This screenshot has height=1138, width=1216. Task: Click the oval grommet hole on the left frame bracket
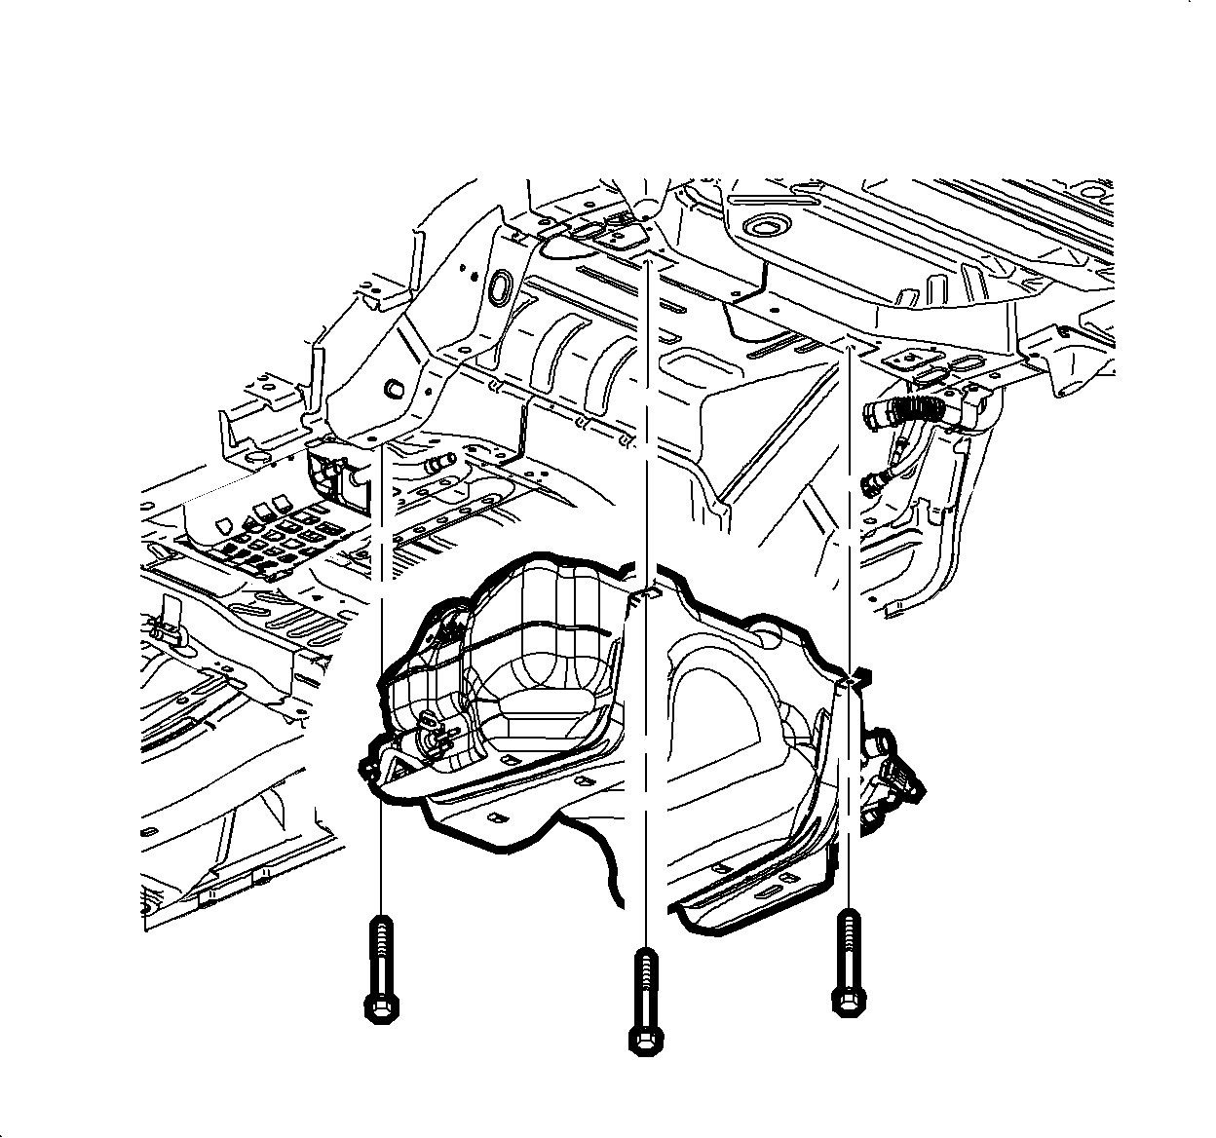click(x=500, y=284)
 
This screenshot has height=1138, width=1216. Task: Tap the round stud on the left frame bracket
click(x=396, y=388)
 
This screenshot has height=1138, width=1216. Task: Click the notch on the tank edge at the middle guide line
click(x=646, y=593)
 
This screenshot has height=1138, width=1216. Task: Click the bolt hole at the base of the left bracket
click(x=375, y=441)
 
